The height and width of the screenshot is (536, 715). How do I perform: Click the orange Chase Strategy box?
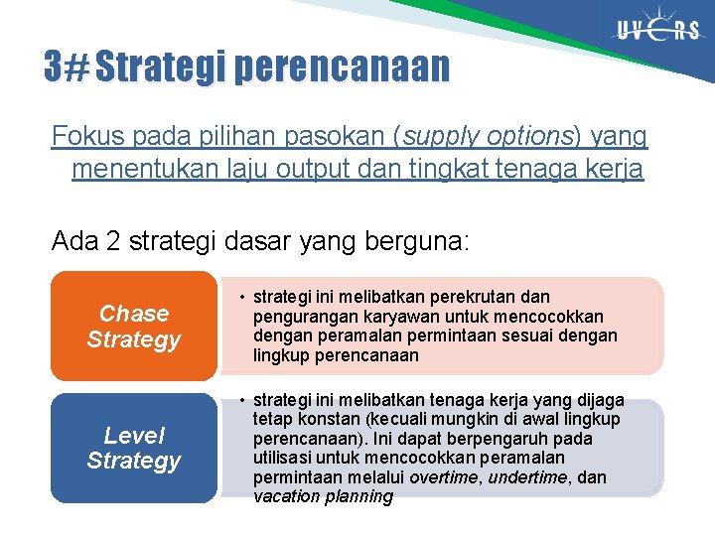pyautogui.click(x=133, y=327)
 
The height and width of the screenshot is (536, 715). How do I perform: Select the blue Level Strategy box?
pyautogui.click(x=133, y=448)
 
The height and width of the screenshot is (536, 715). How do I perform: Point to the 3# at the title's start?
pyautogui.click(x=66, y=67)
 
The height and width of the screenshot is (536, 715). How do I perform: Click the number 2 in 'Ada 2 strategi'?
pyautogui.click(x=114, y=241)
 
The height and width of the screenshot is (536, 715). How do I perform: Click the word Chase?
pyautogui.click(x=134, y=314)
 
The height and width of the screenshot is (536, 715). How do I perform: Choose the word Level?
pyautogui.click(x=134, y=435)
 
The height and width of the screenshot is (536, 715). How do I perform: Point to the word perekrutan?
pyautogui.click(x=467, y=297)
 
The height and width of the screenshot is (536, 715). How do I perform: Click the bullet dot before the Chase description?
pyautogui.click(x=240, y=297)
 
